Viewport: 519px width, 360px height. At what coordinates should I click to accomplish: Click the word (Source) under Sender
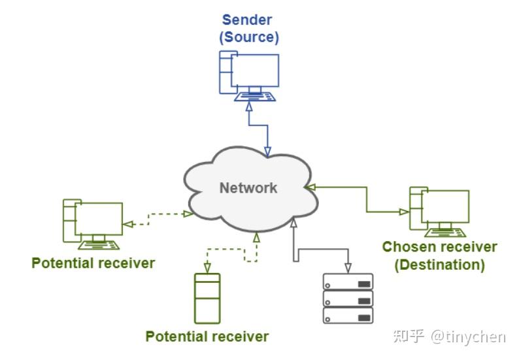tap(248, 37)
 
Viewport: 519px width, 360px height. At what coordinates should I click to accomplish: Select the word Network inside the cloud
tap(248, 188)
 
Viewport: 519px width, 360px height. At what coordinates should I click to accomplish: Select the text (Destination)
tap(439, 265)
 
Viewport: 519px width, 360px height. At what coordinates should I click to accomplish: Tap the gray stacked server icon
tap(348, 298)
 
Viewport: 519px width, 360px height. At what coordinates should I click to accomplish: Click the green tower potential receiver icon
tap(208, 298)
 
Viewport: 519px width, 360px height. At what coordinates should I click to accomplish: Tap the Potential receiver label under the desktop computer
tap(93, 263)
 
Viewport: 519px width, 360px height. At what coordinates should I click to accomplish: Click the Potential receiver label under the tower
tap(207, 337)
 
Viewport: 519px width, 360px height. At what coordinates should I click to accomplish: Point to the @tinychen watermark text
tap(468, 336)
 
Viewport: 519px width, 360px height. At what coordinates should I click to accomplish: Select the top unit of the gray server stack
tap(348, 282)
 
